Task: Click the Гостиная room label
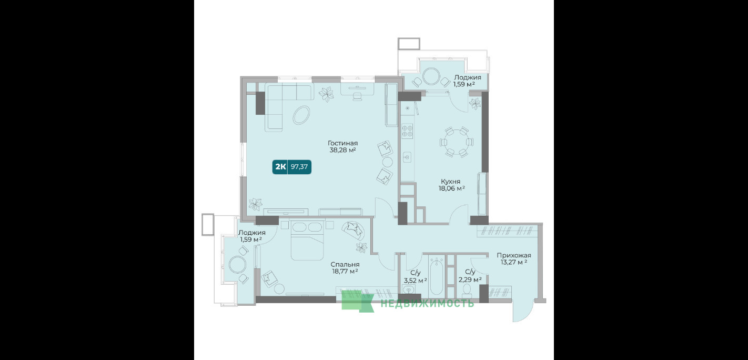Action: pos(342,143)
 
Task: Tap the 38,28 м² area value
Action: pos(342,150)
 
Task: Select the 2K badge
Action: pos(280,166)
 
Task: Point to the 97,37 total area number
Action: pos(299,166)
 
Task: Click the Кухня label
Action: pos(450,182)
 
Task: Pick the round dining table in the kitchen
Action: pos(457,142)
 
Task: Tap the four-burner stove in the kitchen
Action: pos(407,131)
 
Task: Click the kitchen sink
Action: pos(407,157)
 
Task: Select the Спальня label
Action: pos(345,265)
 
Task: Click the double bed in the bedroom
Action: pos(307,240)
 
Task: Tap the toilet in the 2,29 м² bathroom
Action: pos(467,291)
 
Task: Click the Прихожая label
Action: pos(513,255)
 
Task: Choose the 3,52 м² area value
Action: pos(416,281)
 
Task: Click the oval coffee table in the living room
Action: pos(301,115)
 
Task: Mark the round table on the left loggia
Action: pos(237,265)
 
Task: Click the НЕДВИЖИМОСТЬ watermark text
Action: pos(427,304)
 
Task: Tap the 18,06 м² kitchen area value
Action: pos(452,188)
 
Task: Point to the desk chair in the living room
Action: pos(357,96)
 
